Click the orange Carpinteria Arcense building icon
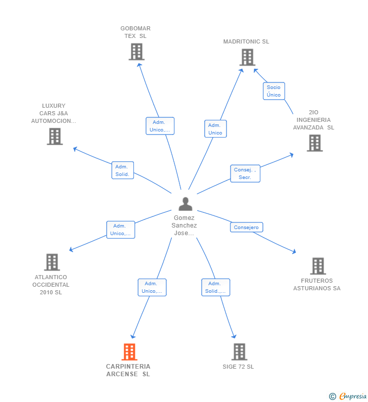tap(129, 351)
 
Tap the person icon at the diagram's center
tap(186, 204)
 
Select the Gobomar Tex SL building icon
tap(136, 52)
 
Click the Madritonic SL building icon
tap(247, 57)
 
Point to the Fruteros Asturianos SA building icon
tap(317, 266)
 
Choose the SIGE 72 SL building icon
tap(239, 351)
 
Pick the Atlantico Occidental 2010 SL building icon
tap(52, 262)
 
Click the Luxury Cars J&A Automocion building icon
tap(55, 137)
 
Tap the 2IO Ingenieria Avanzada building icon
tap(314, 143)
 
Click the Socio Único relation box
tap(273, 91)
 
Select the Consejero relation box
tap(246, 228)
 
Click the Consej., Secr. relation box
tap(245, 173)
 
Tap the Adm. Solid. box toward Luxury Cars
tap(122, 170)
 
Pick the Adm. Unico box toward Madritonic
tap(215, 128)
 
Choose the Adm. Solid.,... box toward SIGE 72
tap(215, 287)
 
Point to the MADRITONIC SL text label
tap(246, 41)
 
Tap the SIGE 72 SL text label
tap(238, 367)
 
